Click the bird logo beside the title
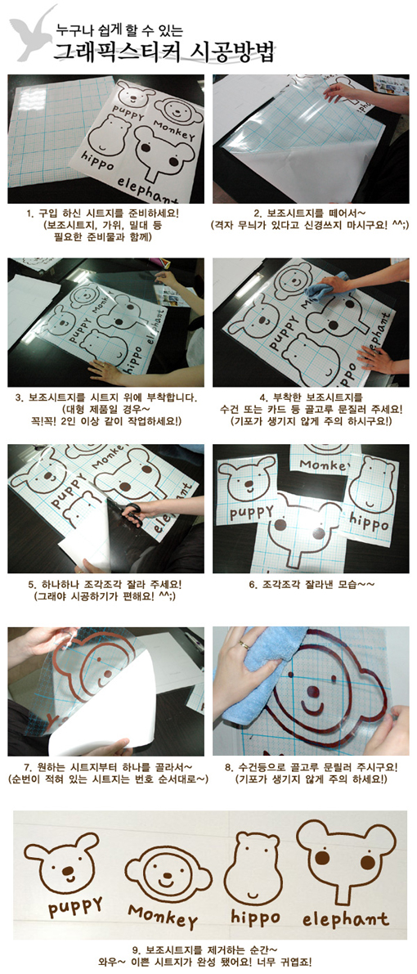[33, 32]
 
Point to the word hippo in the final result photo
[255, 916]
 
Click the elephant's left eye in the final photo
[322, 858]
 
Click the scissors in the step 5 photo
[132, 514]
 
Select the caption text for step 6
[311, 584]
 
